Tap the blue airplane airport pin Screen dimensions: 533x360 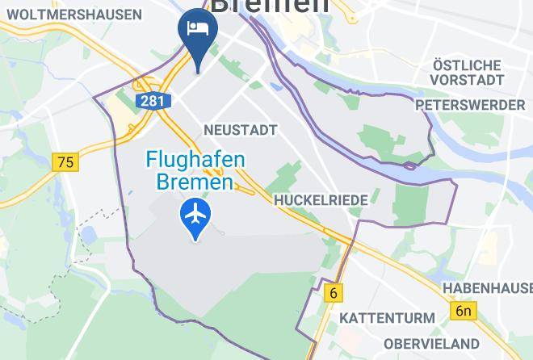(195, 215)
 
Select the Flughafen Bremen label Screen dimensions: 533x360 (195, 171)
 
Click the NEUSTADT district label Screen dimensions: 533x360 (241, 130)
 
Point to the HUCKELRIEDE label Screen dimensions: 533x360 (321, 199)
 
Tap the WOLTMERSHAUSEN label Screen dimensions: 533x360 (75, 15)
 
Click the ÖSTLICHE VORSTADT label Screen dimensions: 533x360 (467, 73)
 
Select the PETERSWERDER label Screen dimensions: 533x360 (469, 106)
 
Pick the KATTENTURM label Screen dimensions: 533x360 (387, 318)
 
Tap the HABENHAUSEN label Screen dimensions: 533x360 (487, 288)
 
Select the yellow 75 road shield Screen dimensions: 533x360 (65, 162)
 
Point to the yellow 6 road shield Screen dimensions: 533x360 (333, 293)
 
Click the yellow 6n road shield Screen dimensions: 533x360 (463, 311)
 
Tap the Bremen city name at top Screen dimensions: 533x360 (270, 6)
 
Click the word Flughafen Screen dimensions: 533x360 (195, 160)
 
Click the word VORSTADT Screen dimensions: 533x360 (467, 81)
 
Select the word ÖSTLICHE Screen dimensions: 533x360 (467, 65)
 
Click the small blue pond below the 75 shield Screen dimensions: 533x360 (89, 235)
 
